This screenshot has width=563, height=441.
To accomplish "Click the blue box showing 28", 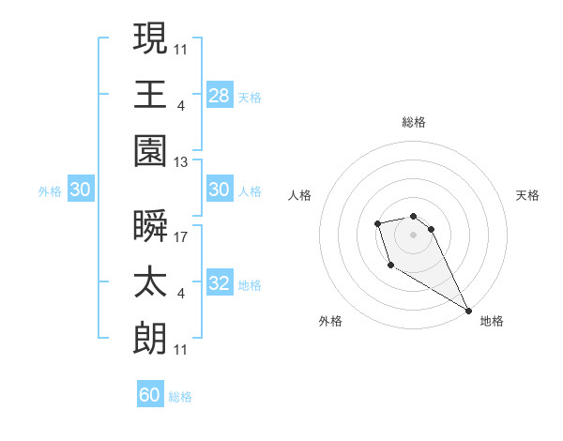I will tap(220, 96).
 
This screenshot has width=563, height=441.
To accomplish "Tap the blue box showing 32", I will tap(220, 284).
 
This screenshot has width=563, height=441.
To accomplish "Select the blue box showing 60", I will tap(150, 395).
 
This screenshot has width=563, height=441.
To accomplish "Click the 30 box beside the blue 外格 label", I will tap(80, 190).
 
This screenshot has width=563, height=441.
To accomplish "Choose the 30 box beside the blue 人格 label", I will tap(220, 190).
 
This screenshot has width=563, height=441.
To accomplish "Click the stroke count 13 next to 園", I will tap(181, 161).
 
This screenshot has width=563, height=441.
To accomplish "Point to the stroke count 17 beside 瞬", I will tap(181, 236).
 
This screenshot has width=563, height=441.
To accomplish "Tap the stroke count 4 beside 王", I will tap(181, 105).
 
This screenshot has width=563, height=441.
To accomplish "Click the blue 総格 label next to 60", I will tap(180, 397).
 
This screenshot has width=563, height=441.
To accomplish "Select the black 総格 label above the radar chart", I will tap(413, 122).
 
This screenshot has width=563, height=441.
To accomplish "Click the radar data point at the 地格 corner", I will tap(468, 310).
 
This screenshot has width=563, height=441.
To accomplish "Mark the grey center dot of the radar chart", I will tap(413, 233).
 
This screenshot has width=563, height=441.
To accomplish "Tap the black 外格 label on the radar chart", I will tap(330, 321).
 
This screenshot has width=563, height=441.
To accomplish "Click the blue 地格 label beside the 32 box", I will tap(250, 285).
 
